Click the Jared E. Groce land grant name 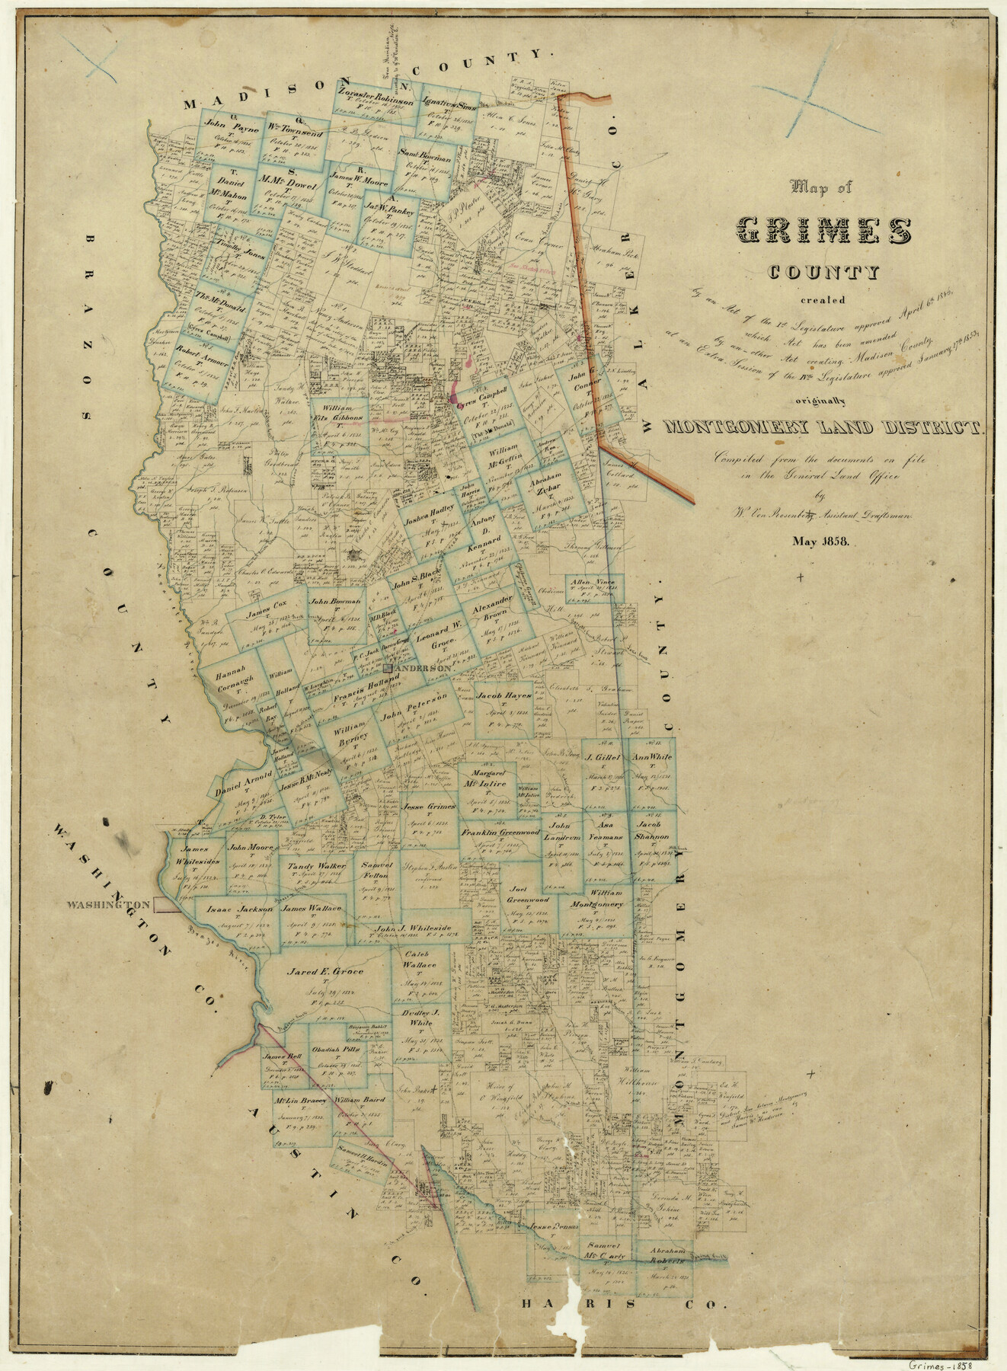pos(324,973)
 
